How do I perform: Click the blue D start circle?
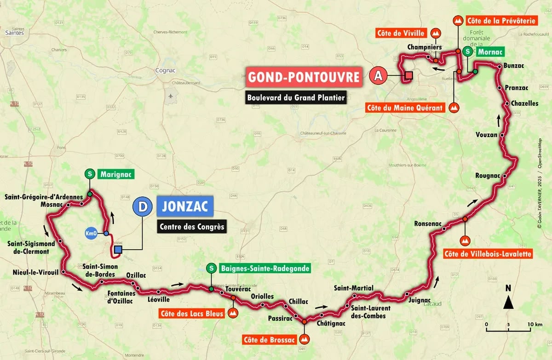click(143, 207)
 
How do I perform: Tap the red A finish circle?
click(378, 76)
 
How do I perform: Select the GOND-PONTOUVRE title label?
click(303, 77)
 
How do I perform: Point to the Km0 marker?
click(91, 234)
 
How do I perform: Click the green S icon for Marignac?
click(90, 174)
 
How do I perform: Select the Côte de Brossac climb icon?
click(305, 339)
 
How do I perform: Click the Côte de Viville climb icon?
click(435, 33)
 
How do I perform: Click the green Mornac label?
click(490, 52)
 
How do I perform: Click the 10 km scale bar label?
click(532, 324)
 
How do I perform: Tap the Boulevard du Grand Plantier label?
click(296, 97)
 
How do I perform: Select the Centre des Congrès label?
click(191, 227)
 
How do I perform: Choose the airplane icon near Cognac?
click(172, 97)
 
